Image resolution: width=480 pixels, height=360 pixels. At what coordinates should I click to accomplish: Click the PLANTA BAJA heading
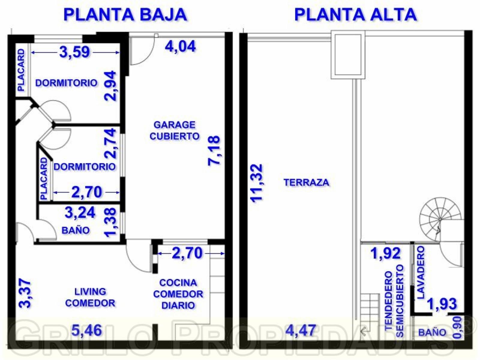point(125,14)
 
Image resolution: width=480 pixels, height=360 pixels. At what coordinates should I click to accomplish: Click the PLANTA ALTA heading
point(355,14)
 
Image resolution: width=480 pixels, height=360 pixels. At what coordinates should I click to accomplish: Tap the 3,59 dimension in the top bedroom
point(74,52)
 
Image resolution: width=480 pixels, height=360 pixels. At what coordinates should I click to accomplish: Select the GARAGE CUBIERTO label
point(174,130)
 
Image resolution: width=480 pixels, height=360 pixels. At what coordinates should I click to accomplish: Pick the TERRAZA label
point(306,182)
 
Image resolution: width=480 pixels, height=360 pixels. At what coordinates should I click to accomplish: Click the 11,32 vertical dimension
point(257,183)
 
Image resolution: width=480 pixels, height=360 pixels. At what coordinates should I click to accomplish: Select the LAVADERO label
point(421,272)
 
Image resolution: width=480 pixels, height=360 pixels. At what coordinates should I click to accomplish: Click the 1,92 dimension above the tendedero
point(385,253)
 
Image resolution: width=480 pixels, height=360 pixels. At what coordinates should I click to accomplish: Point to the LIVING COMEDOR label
point(90,297)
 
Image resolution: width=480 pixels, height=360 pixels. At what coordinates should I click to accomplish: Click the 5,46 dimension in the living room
point(87,331)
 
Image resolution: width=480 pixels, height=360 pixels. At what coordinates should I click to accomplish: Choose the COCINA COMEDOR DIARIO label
point(178,294)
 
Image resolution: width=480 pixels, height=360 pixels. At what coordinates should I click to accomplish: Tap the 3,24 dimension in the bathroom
point(80,213)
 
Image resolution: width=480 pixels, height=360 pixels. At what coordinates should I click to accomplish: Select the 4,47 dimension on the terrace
point(300,331)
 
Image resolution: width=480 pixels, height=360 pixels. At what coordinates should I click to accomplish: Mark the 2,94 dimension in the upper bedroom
point(110,86)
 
